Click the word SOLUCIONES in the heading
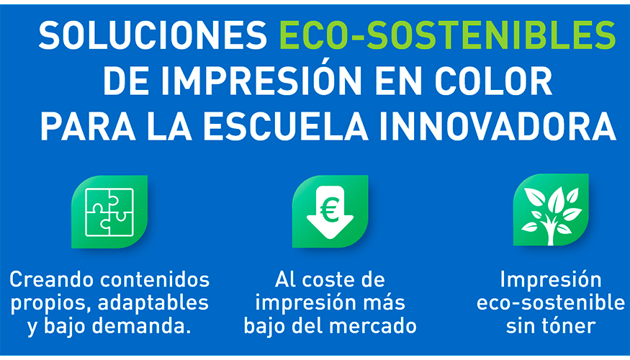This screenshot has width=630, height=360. pos(153,35)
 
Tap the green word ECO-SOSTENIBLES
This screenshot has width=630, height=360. pos(447,35)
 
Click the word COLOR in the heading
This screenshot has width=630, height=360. pos(493,81)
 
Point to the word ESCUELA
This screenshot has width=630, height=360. pos(289,127)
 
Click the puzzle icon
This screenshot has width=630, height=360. pos(109,212)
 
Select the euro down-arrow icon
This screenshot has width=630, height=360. pos(330,212)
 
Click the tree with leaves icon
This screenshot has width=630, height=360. pos(551,210)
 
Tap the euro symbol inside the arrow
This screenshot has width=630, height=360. pos(330,210)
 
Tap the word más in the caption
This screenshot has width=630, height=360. pos(384,303)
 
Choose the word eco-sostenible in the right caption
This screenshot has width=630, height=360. pos(551,303)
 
